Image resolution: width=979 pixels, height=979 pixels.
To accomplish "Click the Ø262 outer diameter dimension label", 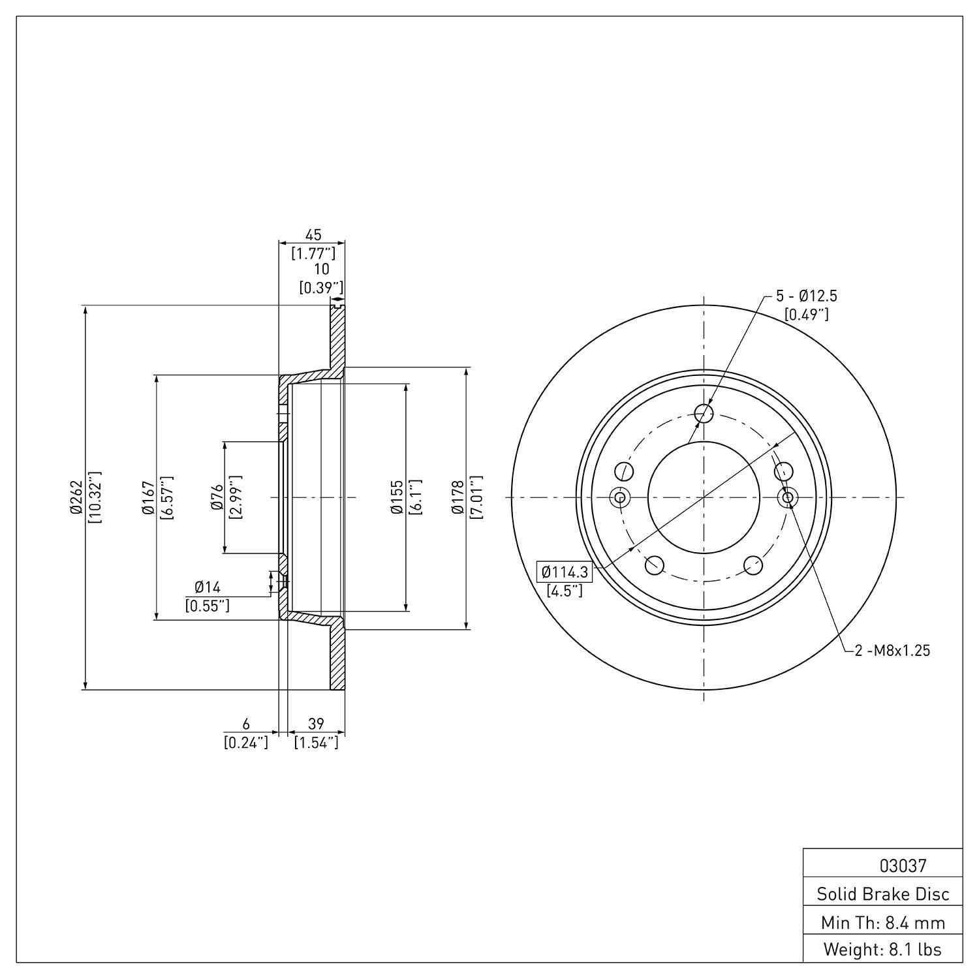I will click(x=76, y=497).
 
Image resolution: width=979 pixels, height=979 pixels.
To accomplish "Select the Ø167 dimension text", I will click(x=148, y=497).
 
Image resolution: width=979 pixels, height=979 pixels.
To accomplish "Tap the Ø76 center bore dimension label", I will click(x=217, y=497).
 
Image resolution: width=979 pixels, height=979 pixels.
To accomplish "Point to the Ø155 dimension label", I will click(x=397, y=497).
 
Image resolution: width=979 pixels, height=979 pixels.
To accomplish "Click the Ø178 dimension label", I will click(x=458, y=497).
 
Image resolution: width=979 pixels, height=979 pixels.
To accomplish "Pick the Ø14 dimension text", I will click(x=208, y=587).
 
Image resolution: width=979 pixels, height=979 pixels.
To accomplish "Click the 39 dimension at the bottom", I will click(x=316, y=723).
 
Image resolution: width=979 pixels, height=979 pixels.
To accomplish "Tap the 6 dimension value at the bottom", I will click(x=246, y=723).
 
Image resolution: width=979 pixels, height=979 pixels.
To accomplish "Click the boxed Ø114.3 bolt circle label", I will click(x=565, y=572).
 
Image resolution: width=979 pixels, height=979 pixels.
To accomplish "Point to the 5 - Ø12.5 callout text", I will click(x=806, y=296).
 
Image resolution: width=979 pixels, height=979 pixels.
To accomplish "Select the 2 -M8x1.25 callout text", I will click(x=892, y=650).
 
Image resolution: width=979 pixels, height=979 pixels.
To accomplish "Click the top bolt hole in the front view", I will click(x=704, y=412).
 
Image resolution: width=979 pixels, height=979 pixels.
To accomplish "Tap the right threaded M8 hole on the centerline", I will click(x=788, y=497).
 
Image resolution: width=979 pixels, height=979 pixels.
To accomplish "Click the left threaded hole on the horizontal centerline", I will click(x=619, y=497).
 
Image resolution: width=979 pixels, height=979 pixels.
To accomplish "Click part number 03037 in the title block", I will click(x=903, y=866).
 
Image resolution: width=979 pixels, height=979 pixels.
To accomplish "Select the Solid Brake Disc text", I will click(x=883, y=894).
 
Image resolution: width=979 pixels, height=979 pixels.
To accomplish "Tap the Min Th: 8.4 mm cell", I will click(x=883, y=922).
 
